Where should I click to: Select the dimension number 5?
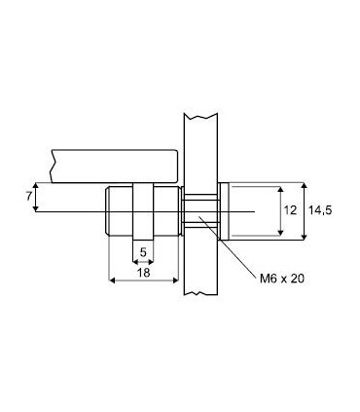(142, 252)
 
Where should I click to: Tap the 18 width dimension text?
(142, 274)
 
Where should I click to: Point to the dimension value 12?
(289, 209)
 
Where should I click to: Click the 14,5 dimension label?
(321, 209)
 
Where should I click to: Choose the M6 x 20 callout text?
(283, 279)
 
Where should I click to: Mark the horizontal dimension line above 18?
(142, 281)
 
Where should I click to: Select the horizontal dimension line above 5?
(142, 261)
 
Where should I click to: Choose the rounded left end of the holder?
(107, 211)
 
